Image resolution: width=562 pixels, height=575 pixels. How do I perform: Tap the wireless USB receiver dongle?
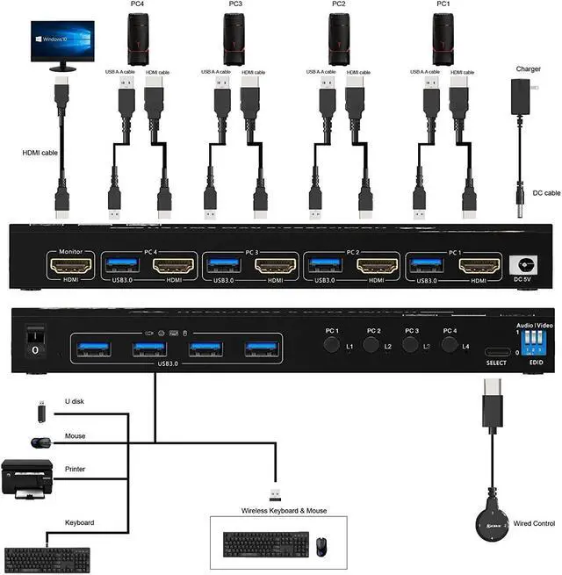[x=275, y=496]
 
